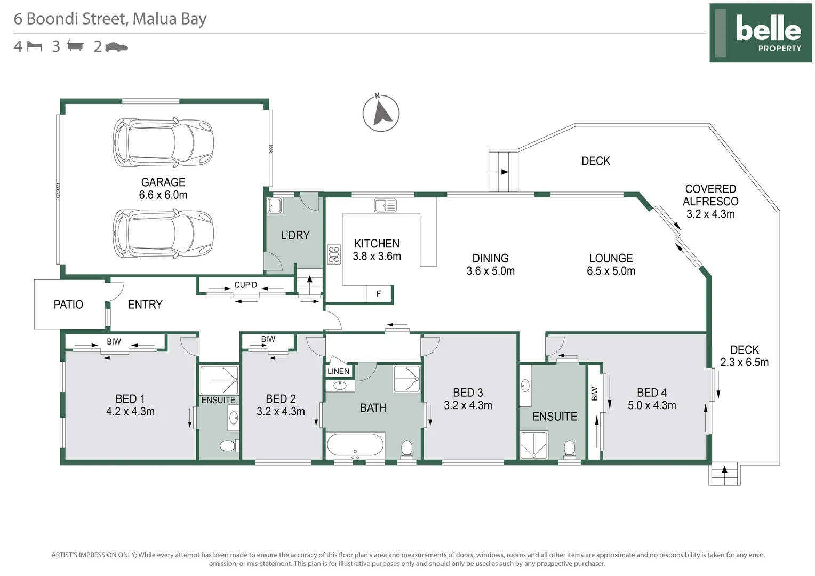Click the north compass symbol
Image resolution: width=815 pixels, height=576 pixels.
click(381, 113)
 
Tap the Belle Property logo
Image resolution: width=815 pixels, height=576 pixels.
click(760, 33)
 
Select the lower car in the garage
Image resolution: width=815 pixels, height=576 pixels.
click(163, 234)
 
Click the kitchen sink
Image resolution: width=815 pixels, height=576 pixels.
click(385, 205)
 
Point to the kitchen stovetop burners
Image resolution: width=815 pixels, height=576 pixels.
click(334, 254)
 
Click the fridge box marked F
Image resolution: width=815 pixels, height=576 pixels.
click(379, 294)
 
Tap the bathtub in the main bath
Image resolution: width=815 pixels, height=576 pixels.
click(355, 446)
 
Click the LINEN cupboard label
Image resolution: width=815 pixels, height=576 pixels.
click(338, 371)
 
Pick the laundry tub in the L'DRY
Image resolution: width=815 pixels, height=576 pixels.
click(275, 206)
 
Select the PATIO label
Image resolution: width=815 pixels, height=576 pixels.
click(68, 305)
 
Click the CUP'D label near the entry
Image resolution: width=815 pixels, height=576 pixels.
click(245, 285)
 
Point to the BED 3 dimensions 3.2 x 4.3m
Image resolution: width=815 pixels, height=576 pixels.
click(468, 405)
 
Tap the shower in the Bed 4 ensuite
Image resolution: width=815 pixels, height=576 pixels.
click(534, 445)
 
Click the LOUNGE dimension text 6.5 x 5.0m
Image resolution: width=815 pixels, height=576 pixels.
click(611, 271)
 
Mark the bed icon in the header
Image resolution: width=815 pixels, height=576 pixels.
click(35, 46)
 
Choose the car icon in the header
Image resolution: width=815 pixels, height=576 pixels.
click(116, 47)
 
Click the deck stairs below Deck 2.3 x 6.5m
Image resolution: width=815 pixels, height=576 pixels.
click(724, 474)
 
